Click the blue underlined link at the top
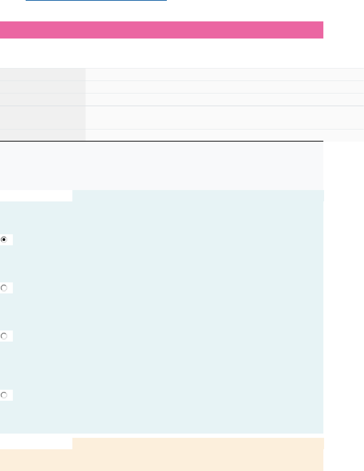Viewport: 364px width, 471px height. (96, 1)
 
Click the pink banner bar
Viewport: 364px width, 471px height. (162, 30)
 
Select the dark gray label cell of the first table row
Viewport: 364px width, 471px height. (43, 75)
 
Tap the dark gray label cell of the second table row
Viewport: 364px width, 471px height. (43, 87)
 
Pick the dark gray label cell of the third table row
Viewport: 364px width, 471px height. (43, 99)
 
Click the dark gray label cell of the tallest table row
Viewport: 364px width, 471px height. (43, 117)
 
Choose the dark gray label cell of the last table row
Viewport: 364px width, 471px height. (43, 135)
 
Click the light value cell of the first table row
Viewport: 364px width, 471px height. (225, 75)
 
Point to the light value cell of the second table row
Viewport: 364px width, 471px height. (225, 87)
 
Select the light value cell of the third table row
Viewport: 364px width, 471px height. (225, 99)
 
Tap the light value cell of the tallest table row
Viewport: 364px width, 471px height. (225, 117)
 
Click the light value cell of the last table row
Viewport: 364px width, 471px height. (225, 135)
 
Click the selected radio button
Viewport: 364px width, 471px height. (4, 240)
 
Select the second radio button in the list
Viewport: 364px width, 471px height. (4, 288)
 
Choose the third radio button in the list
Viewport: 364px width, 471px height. (4, 336)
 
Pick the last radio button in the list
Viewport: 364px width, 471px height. (4, 395)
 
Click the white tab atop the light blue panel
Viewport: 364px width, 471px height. (36, 196)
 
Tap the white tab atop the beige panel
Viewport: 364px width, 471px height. (36, 444)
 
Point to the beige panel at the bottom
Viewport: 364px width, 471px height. (162, 460)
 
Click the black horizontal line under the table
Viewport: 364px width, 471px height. (162, 141)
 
